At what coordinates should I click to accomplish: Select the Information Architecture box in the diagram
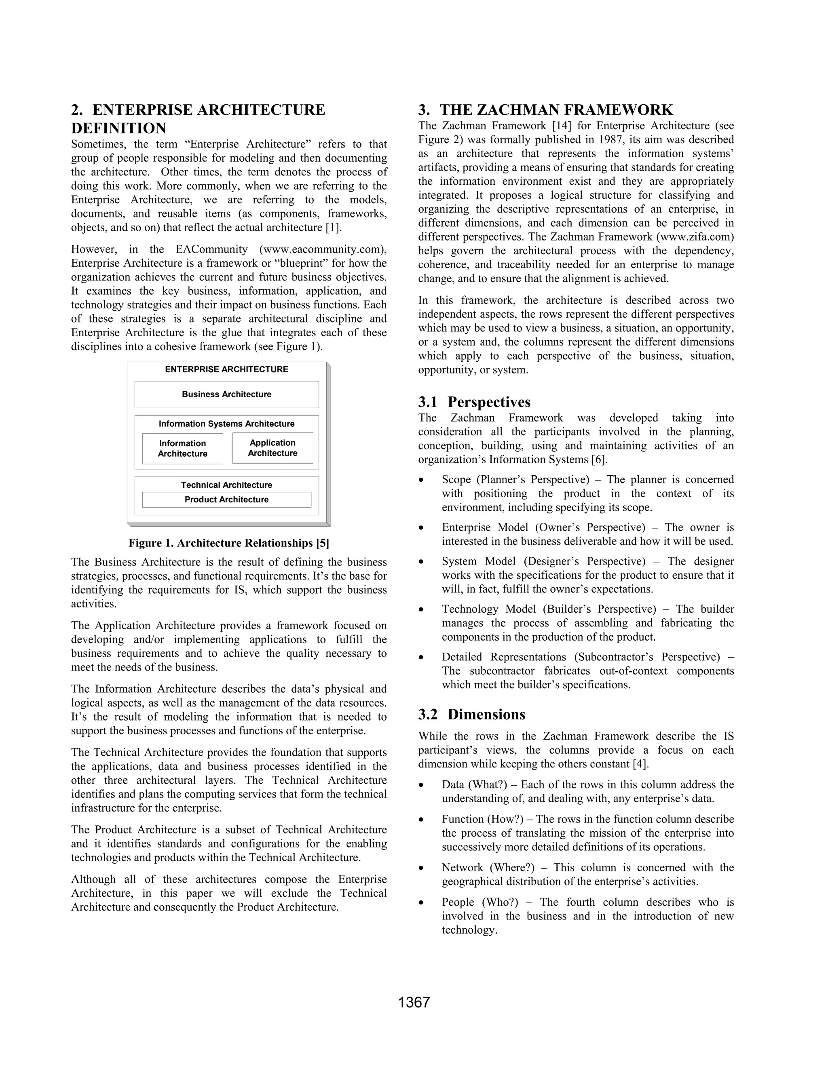coord(182,448)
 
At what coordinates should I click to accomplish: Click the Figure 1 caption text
coord(228,543)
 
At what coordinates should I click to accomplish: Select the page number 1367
coord(414,1002)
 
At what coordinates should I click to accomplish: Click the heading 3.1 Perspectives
coord(474,402)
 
